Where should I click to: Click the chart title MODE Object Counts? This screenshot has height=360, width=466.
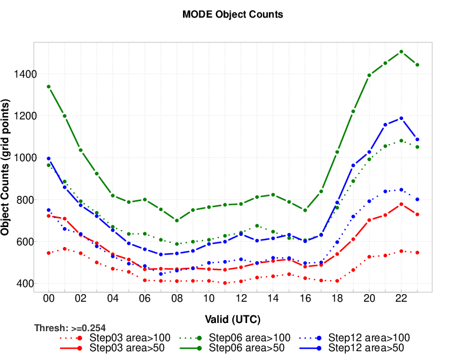[x=233, y=15]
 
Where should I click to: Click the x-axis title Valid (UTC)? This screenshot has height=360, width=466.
[x=233, y=319]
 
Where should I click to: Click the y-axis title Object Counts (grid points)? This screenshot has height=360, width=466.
[x=6, y=167]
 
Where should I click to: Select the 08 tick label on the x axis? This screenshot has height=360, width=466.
[x=177, y=299]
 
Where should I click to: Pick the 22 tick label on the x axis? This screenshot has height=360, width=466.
[x=401, y=299]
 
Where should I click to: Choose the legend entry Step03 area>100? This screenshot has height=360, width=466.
[x=129, y=338]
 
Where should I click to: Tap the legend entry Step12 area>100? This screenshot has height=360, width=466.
[x=368, y=338]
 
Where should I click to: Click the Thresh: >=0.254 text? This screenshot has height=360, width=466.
[x=70, y=328]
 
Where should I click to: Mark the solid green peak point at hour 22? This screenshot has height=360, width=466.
[x=401, y=52]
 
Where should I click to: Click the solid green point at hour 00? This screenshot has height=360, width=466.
[x=49, y=86]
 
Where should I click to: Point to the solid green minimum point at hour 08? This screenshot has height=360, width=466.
[x=177, y=220]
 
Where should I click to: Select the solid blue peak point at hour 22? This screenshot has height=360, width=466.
[x=401, y=118]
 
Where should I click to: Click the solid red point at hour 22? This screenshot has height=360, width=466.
[x=401, y=204]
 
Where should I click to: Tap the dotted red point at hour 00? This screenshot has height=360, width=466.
[x=49, y=253]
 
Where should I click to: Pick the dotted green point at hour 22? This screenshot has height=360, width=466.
[x=401, y=141]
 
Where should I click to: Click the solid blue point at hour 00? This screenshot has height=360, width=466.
[x=49, y=159]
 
